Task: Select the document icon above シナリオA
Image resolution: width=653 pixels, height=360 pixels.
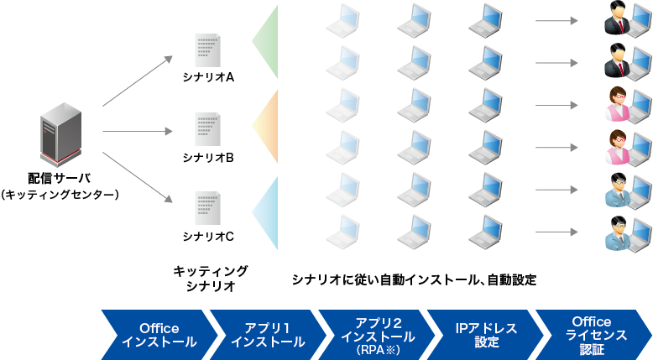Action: (x=207, y=51)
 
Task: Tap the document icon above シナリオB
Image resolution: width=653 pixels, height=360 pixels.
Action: (x=207, y=130)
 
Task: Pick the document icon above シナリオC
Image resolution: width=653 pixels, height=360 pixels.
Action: (x=207, y=209)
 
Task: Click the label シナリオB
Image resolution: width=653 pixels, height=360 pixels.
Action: (x=207, y=157)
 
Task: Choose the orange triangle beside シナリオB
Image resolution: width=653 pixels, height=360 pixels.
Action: (x=266, y=126)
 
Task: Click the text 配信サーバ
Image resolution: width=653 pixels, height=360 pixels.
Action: (x=59, y=178)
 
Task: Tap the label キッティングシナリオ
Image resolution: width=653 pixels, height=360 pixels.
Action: (x=210, y=279)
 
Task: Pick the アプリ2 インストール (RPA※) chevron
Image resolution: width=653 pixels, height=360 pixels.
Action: (x=376, y=333)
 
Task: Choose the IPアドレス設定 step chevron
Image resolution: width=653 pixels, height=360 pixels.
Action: (x=485, y=333)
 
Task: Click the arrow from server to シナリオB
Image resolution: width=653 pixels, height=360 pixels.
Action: (x=137, y=131)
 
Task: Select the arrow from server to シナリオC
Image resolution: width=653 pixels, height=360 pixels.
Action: (x=137, y=176)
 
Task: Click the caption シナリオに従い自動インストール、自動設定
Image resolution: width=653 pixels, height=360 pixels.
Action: (x=413, y=279)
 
